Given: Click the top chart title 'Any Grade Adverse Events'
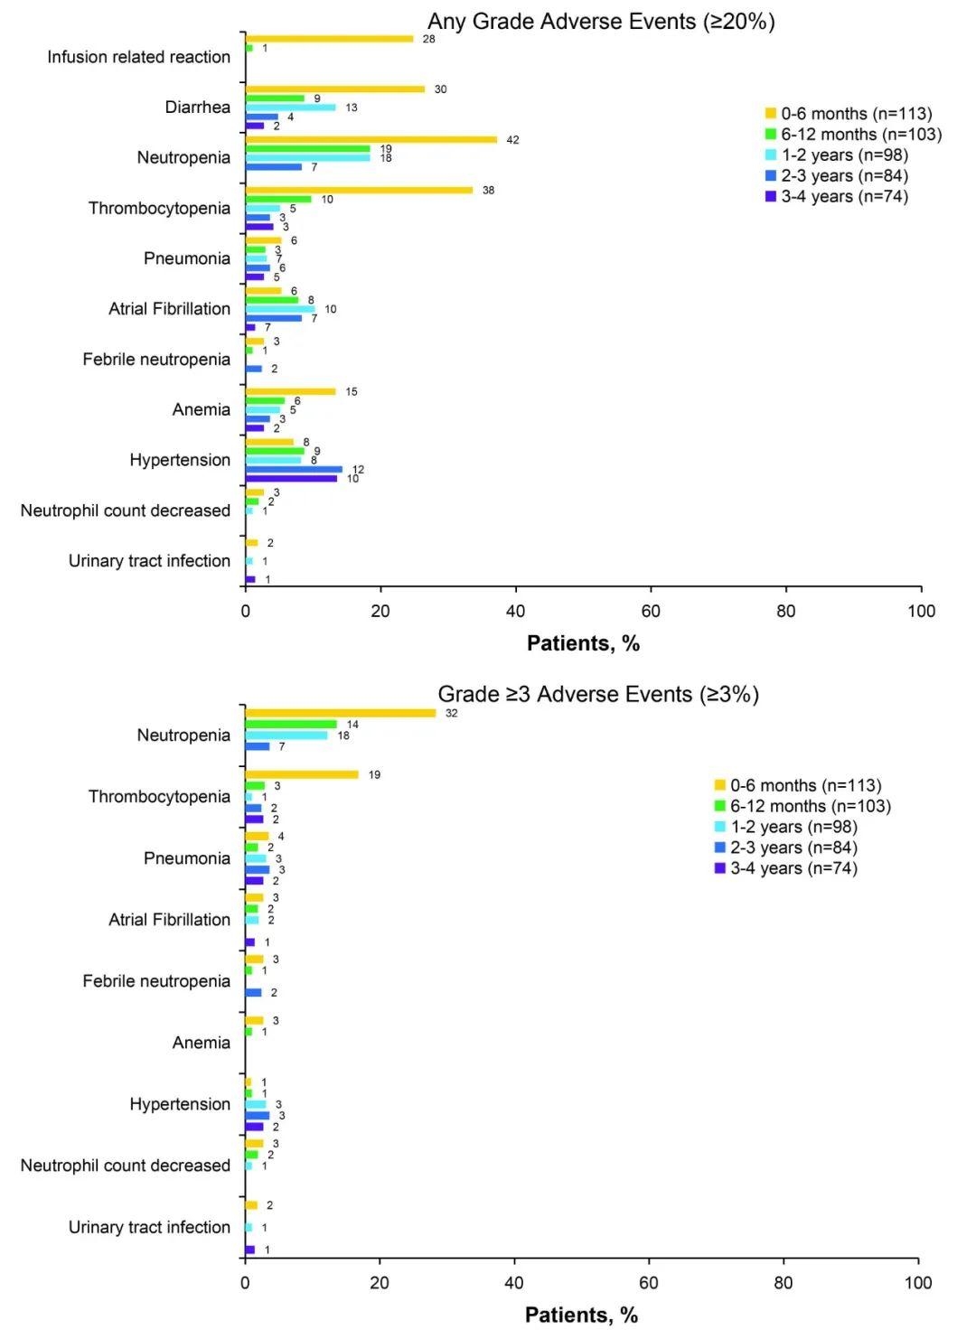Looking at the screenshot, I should [x=601, y=22].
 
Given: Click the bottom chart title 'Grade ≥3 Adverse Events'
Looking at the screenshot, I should [x=598, y=694].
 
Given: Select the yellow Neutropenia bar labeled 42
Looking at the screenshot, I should [x=371, y=139].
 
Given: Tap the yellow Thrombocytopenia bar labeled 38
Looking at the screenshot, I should [x=359, y=190].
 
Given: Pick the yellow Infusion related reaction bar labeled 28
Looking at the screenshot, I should [x=329, y=39].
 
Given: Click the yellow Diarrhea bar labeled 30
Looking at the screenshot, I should [x=334, y=89].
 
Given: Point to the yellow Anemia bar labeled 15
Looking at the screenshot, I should [x=290, y=391].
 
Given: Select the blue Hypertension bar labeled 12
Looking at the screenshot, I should [x=294, y=469].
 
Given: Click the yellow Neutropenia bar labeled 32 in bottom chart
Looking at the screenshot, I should [x=340, y=713].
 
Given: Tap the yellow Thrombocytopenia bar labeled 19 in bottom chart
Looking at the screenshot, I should [x=302, y=774].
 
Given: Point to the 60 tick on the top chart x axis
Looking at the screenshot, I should [x=651, y=611].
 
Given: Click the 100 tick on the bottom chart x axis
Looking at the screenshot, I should [x=917, y=1282].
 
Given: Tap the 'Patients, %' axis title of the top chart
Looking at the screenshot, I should [x=583, y=643].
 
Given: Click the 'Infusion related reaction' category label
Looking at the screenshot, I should [x=138, y=57].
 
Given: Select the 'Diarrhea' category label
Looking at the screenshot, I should [x=197, y=108].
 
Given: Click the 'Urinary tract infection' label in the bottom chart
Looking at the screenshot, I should [x=149, y=1227].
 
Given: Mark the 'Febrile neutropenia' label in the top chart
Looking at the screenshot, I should [x=156, y=360].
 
